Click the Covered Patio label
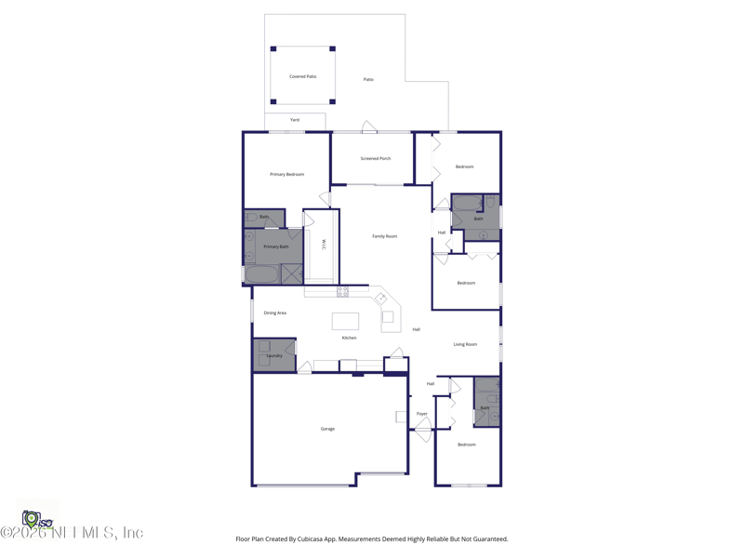[x=302, y=76]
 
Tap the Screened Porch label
[x=375, y=158]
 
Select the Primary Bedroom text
[x=286, y=174]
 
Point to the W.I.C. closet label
[x=324, y=245]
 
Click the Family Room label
[x=384, y=236]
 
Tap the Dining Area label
[x=274, y=312]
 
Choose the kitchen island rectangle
[x=345, y=322]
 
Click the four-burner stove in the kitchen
[x=342, y=291]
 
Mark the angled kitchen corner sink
[x=380, y=299]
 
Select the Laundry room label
[x=274, y=355]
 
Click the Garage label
[x=327, y=429]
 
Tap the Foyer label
[x=421, y=414]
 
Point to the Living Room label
[x=465, y=344]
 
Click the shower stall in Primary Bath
[x=292, y=273]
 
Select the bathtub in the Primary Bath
[x=261, y=274]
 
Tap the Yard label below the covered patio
[x=294, y=120]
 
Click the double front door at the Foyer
[x=423, y=429]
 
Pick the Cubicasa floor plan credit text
[x=372, y=538]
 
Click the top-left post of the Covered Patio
[x=273, y=48]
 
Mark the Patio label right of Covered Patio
[x=368, y=79]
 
